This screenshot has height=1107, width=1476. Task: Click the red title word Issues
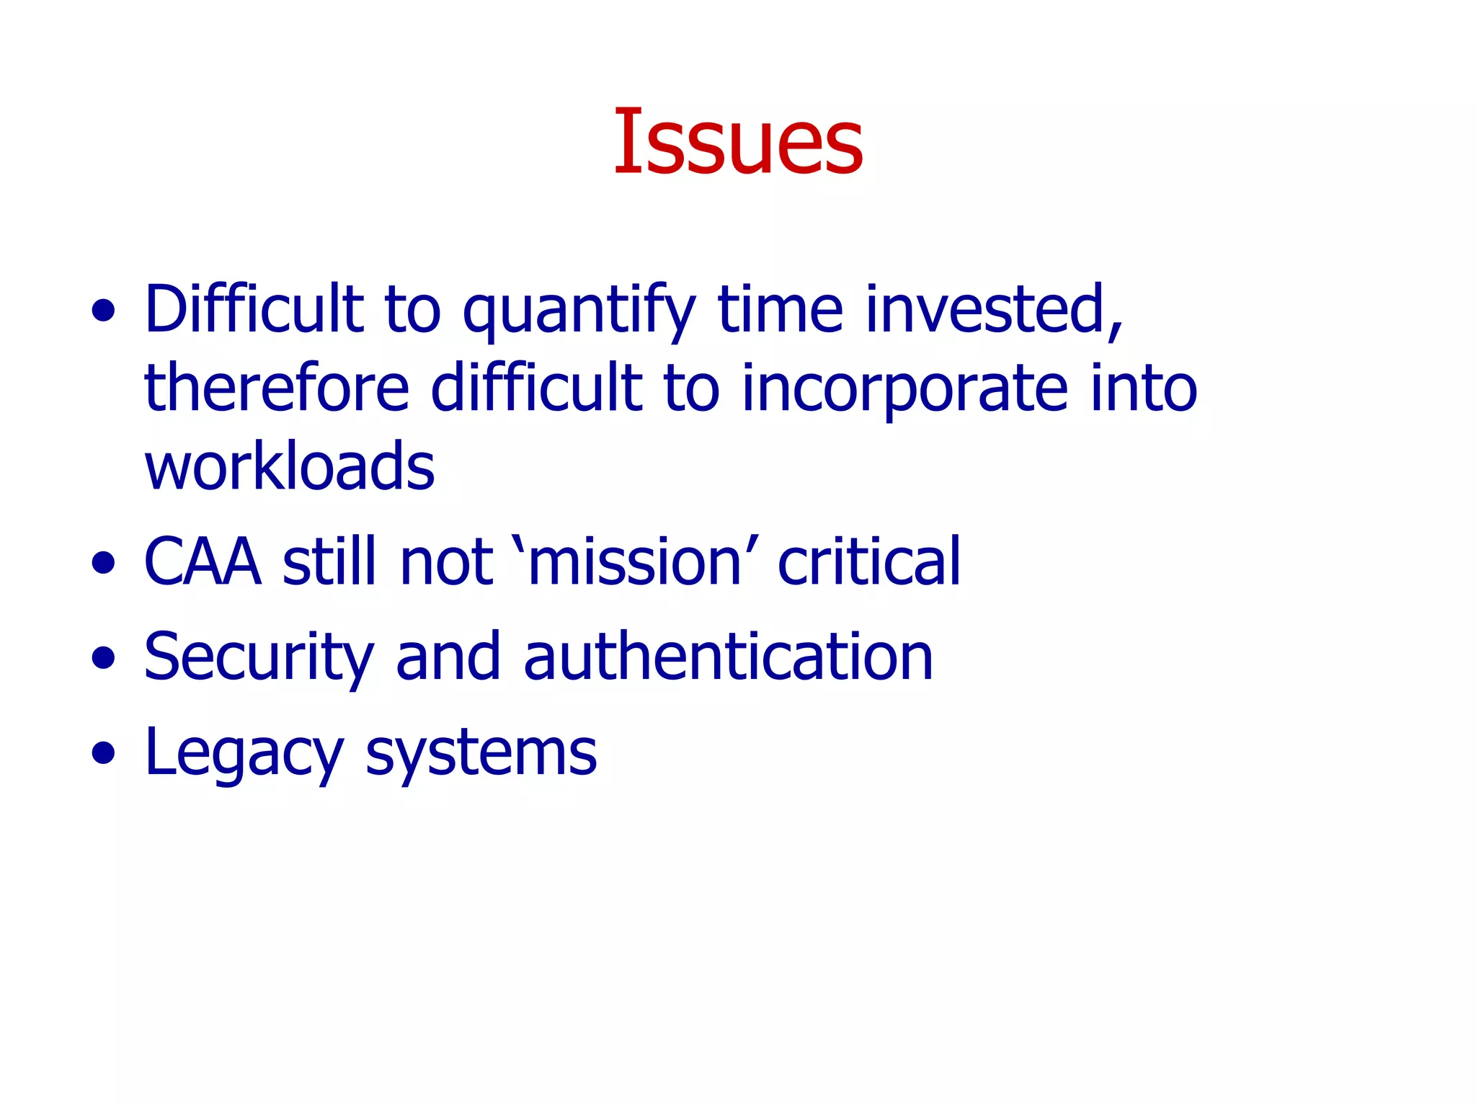tap(738, 141)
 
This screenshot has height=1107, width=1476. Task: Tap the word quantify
tap(579, 311)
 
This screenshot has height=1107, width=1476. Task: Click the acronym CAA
tap(203, 561)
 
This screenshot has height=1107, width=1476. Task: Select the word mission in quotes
tap(635, 561)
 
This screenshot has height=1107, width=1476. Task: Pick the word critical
tap(869, 561)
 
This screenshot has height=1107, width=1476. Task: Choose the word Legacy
tap(244, 753)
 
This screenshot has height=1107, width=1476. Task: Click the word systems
tap(481, 753)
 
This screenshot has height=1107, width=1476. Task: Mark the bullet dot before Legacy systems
tap(104, 753)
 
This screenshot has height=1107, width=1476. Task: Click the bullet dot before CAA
tap(104, 562)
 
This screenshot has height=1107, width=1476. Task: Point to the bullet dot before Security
tap(104, 657)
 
